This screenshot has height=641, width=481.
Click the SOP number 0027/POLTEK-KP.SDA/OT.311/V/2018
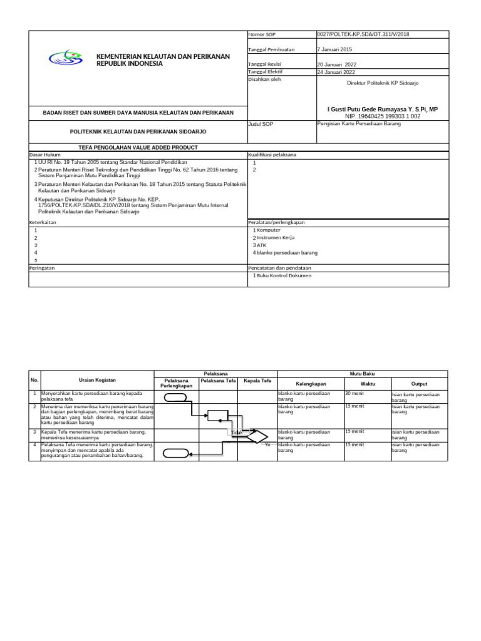pyautogui.click(x=363, y=34)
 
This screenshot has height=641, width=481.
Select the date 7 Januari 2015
pyautogui.click(x=335, y=49)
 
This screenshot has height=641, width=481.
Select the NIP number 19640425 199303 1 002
pyautogui.click(x=383, y=116)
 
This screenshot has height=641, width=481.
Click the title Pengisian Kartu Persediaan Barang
pyautogui.click(x=359, y=124)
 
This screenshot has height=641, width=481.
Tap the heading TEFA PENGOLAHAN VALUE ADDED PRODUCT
pyautogui.click(x=138, y=147)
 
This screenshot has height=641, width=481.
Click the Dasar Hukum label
pyautogui.click(x=43, y=154)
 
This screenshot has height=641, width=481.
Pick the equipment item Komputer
pyautogui.click(x=269, y=230)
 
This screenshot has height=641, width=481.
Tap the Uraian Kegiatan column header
pyautogui.click(x=97, y=380)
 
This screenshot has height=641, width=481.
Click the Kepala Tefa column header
pyautogui.click(x=257, y=380)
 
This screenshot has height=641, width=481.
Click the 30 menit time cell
pyautogui.click(x=354, y=394)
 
